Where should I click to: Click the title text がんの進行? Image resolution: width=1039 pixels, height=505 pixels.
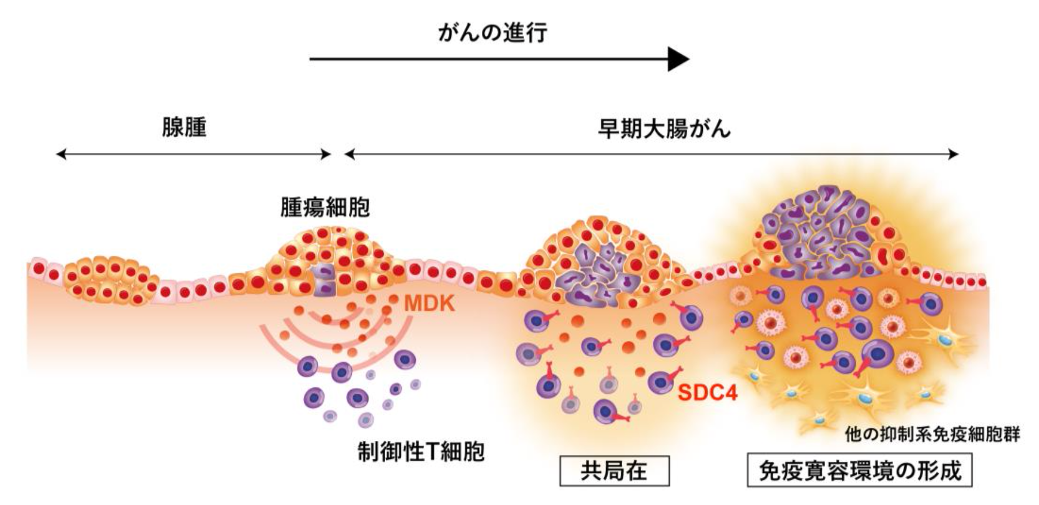tap(492, 33)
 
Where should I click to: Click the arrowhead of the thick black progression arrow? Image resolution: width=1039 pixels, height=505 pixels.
tap(678, 59)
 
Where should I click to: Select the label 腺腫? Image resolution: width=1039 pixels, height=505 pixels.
tap(184, 127)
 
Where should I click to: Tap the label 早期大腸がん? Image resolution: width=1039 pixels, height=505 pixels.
tap(664, 129)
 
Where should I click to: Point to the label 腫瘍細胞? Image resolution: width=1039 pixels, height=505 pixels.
tap(325, 208)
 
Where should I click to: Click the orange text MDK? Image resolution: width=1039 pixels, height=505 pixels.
tap(430, 303)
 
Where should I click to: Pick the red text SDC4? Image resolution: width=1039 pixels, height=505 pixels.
tap(707, 393)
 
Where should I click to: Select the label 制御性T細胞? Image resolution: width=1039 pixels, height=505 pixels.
tap(421, 452)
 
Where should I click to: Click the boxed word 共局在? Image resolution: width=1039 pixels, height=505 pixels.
tap(614, 471)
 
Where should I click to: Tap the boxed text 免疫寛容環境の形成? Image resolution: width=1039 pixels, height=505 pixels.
tap(860, 471)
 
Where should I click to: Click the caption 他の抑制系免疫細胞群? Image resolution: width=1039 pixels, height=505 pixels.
tap(932, 434)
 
